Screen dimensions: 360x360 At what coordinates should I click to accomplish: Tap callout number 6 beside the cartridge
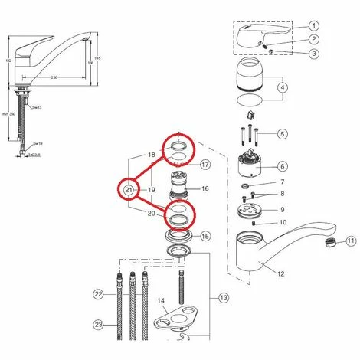[282, 165]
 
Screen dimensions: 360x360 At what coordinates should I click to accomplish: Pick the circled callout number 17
[205, 165]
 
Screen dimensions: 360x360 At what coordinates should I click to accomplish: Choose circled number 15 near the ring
[205, 237]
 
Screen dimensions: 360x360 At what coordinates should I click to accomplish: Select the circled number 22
[98, 294]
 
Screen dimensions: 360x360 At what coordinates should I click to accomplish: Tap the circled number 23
[98, 324]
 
